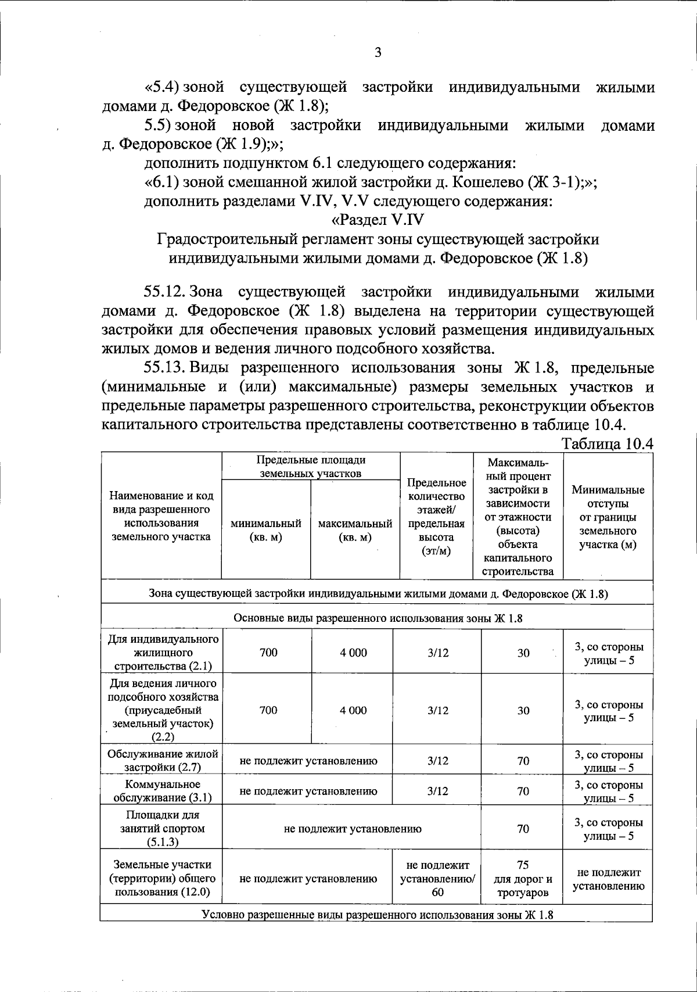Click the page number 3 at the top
[x=378, y=53]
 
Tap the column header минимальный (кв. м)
[x=266, y=530]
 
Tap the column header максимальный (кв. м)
[x=355, y=530]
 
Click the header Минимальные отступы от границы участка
[x=608, y=517]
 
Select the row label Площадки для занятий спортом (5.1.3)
[x=162, y=829]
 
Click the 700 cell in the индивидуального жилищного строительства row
[x=268, y=653]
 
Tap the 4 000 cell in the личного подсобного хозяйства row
[x=354, y=710]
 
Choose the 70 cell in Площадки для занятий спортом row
[x=523, y=829]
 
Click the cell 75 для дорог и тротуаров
[x=523, y=879]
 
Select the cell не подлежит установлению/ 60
[x=437, y=879]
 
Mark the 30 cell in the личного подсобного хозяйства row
[x=523, y=710]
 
